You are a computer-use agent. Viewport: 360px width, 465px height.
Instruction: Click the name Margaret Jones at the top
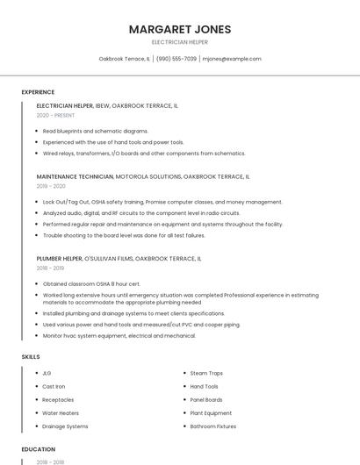click(180, 30)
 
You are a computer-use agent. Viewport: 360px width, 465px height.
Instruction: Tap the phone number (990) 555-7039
click(176, 59)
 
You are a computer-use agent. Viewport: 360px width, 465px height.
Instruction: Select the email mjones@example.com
click(232, 59)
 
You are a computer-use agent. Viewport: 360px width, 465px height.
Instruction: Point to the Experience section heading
click(38, 92)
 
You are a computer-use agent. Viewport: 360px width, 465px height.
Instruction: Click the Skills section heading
click(31, 357)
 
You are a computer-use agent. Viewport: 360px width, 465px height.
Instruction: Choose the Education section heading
click(39, 449)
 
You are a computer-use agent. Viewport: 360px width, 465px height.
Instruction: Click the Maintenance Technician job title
click(76, 176)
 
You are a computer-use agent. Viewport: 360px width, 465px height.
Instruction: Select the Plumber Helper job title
click(60, 259)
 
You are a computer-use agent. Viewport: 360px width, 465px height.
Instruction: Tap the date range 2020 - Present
click(56, 115)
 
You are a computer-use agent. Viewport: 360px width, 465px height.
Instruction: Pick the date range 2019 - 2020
click(51, 186)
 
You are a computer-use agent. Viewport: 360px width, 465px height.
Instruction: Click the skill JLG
click(47, 374)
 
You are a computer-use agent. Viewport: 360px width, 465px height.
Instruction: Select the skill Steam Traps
click(206, 374)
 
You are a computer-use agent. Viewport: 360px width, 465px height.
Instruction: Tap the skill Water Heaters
click(61, 413)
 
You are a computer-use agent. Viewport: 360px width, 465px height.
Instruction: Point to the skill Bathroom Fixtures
click(213, 426)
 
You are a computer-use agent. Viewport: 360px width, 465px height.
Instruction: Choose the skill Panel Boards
click(206, 400)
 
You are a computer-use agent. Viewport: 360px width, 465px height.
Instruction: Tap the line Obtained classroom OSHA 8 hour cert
click(91, 284)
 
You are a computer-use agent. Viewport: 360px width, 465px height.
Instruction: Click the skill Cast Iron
click(54, 387)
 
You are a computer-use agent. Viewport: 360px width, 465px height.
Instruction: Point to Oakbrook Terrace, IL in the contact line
click(124, 59)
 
